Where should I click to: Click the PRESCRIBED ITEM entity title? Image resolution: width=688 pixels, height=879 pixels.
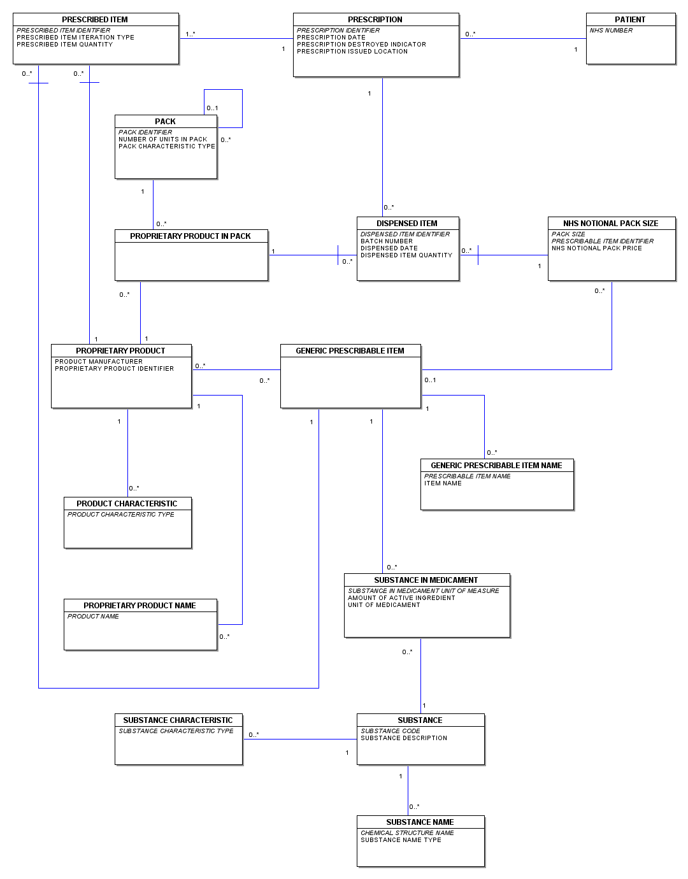click(95, 19)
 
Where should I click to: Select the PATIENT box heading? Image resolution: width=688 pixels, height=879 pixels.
click(630, 19)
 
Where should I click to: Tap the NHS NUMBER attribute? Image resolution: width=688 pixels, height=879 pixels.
click(611, 31)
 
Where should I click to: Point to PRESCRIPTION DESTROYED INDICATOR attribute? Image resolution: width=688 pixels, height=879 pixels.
click(361, 45)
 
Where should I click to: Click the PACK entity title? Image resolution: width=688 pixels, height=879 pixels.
click(165, 122)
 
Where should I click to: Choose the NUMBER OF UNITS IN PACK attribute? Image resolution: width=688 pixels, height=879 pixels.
click(162, 139)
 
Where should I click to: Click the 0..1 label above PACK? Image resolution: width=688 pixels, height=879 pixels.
click(212, 108)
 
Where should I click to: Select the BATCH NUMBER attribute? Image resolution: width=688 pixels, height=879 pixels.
click(386, 241)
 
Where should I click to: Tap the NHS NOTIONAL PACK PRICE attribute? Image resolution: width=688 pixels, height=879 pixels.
click(597, 248)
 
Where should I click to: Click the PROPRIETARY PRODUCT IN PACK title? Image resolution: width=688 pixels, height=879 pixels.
click(190, 236)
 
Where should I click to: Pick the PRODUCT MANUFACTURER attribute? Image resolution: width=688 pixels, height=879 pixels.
click(99, 361)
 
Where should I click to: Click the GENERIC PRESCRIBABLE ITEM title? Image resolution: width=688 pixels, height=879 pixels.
click(350, 351)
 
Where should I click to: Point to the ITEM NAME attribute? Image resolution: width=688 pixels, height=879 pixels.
click(443, 483)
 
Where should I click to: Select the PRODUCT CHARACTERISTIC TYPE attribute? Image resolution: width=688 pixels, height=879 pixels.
click(120, 514)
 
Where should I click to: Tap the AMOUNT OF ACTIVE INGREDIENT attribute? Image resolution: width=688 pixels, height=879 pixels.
click(401, 598)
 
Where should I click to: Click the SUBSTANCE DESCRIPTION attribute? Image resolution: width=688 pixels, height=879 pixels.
click(404, 738)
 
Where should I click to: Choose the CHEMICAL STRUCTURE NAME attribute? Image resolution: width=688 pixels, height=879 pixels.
click(407, 833)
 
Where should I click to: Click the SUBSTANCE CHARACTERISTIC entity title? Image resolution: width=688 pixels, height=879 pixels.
click(178, 720)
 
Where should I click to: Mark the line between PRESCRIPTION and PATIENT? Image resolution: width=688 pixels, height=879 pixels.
click(523, 39)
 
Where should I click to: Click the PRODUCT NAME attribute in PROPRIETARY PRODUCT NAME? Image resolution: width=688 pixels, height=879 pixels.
click(92, 616)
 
